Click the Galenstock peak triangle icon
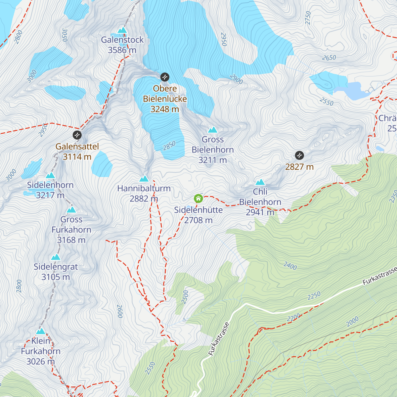pos(122,30)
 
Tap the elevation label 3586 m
pos(122,50)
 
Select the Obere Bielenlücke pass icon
pos(165,77)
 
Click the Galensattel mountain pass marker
pos(77,135)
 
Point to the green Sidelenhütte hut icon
pos(198,198)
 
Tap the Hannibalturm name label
pos(144,189)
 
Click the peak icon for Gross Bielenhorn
pos(212,130)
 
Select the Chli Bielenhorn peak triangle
pos(260,182)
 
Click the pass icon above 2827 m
pos(299,155)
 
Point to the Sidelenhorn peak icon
pos(50,175)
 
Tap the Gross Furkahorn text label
pos(71,225)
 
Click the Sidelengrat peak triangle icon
pos(56,257)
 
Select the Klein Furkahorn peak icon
pos(41,331)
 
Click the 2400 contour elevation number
pos(290,266)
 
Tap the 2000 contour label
pos(352,321)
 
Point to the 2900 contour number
pos(236,79)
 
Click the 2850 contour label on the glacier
pos(169,146)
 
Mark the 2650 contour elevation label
pos(329,58)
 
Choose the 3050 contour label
pos(65,35)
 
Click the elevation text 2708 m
pos(198,220)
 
